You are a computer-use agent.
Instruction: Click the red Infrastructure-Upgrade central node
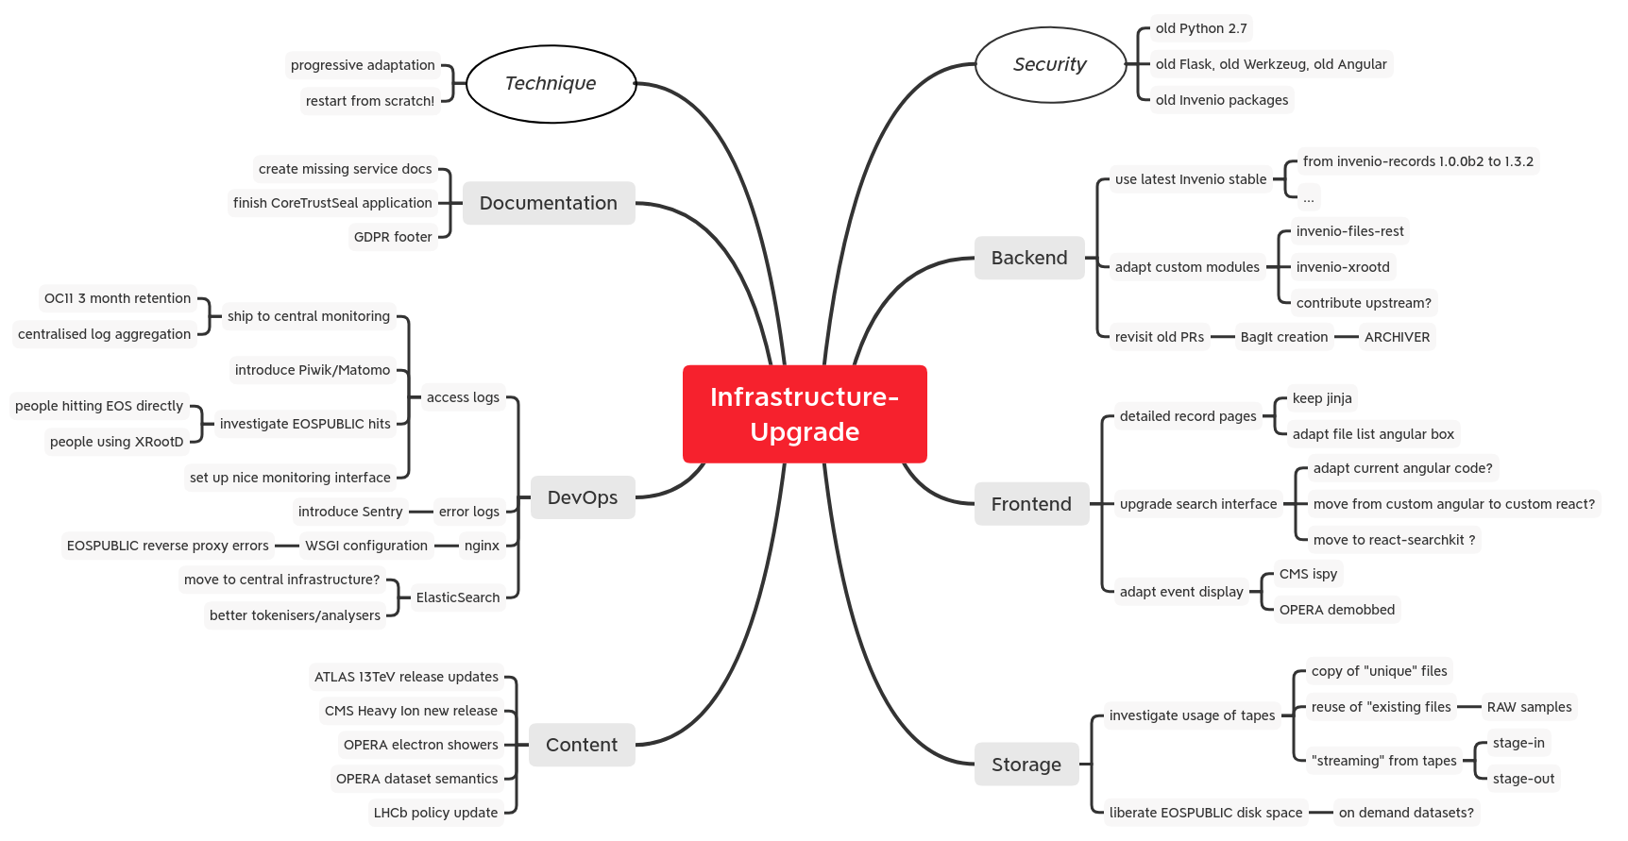coord(805,414)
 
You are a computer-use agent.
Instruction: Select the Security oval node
coord(1050,64)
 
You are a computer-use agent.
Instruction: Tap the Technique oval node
coord(551,83)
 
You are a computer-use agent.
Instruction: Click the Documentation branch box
coord(548,203)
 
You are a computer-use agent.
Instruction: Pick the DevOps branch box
coord(582,497)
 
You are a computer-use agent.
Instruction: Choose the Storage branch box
coord(1026,765)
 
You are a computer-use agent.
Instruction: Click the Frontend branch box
coord(1031,504)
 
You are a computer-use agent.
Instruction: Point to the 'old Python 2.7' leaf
coord(1201,28)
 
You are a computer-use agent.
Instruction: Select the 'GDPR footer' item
coord(393,237)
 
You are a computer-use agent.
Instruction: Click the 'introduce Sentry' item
coord(350,512)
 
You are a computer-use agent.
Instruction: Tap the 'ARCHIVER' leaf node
coord(1397,337)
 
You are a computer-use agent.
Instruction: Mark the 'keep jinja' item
coord(1322,398)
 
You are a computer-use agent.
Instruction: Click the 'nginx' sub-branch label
coord(482,546)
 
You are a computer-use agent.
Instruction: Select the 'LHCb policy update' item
coord(435,813)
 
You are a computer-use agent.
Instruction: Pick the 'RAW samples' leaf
coord(1529,707)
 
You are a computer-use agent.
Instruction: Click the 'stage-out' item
coord(1523,779)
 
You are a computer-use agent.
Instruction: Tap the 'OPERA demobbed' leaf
coord(1336,610)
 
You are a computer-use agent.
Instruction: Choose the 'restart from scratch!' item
coord(370,101)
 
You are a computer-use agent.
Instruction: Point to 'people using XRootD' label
coord(117,442)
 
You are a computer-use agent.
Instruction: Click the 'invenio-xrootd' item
coord(1343,267)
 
